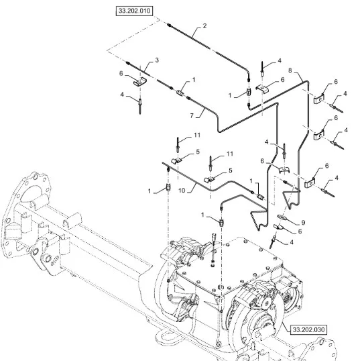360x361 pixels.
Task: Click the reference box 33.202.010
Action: [x=134, y=11]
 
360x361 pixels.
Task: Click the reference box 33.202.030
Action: [x=308, y=329]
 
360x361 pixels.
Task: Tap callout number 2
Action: [x=204, y=25]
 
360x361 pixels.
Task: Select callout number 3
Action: [x=157, y=60]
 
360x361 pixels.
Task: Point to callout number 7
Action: [x=192, y=115]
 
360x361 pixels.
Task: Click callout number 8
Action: [x=290, y=70]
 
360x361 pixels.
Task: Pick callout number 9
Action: [x=303, y=223]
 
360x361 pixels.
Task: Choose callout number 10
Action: [x=182, y=191]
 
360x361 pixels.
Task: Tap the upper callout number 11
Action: [x=197, y=135]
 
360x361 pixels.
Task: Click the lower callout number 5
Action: [x=230, y=170]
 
